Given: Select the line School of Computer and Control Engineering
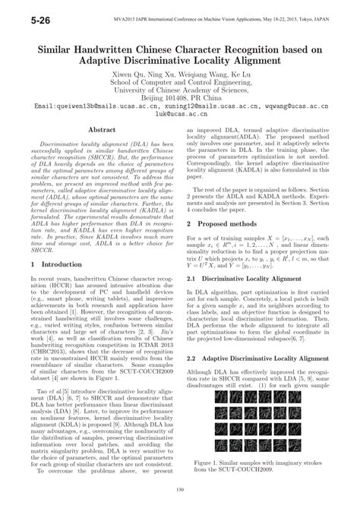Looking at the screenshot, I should pyautogui.click(x=180, y=84).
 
